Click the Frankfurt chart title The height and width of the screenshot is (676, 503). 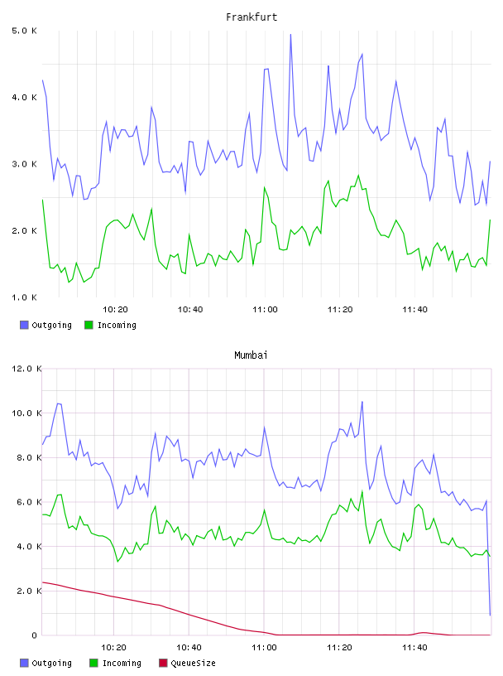(251, 17)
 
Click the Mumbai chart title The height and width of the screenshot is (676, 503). (251, 355)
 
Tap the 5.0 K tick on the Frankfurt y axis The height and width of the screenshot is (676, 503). (25, 31)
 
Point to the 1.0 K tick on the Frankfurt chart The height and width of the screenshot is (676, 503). (25, 297)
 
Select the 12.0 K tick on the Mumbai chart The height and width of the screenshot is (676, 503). (26, 369)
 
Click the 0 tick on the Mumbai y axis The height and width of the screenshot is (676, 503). (35, 635)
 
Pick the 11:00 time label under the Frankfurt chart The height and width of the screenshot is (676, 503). (265, 310)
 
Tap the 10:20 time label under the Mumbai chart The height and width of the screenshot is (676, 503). (113, 648)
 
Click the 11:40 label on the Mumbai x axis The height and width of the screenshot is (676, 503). (414, 648)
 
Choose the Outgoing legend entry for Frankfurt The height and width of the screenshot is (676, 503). (46, 325)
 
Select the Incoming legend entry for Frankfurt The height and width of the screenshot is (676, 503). (110, 325)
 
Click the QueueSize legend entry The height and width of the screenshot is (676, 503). (187, 663)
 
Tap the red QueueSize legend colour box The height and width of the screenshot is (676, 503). (163, 663)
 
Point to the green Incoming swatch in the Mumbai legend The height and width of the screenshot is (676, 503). (93, 663)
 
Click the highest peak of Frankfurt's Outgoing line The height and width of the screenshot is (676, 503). (290, 35)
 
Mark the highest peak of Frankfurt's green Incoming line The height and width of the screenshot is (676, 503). (358, 175)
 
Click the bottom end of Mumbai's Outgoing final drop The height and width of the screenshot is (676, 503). (490, 616)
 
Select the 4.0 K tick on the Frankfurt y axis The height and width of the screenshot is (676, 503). (25, 98)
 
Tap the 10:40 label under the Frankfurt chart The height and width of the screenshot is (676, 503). (190, 310)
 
